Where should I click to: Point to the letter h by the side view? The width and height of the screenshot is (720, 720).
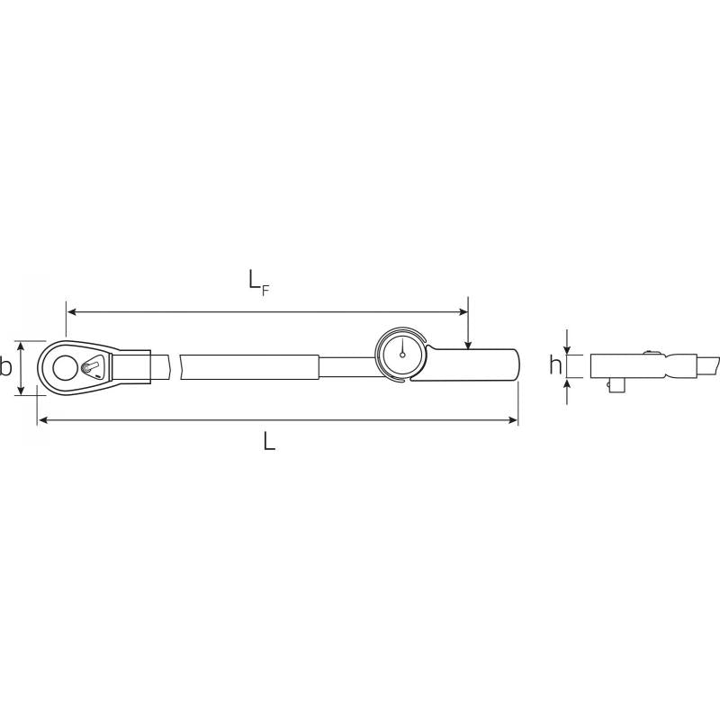[x=555, y=366]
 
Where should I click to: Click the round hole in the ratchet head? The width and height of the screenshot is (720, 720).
[x=65, y=366]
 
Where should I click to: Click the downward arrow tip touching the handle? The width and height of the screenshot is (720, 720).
[x=468, y=346]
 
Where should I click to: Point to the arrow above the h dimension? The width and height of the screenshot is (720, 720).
[x=568, y=347]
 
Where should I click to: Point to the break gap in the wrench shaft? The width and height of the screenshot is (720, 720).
[x=173, y=366]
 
